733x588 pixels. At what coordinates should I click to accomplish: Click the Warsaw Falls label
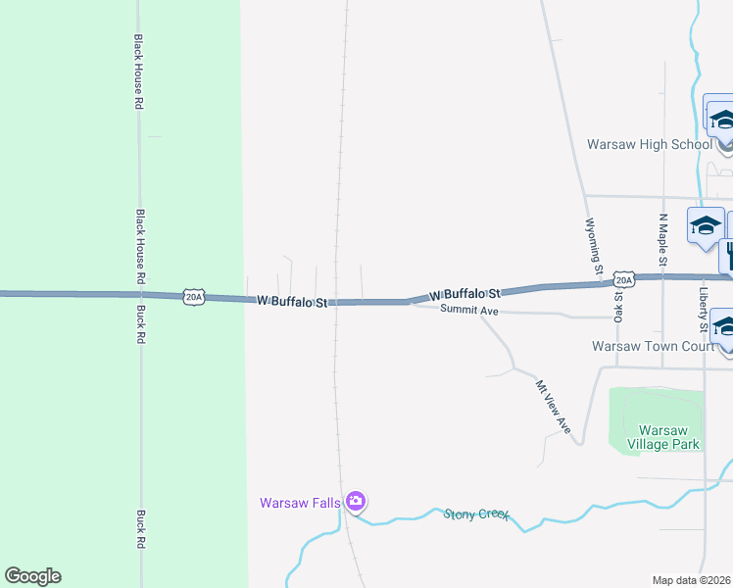[300, 503]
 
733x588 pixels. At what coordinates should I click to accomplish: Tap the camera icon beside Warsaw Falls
[356, 503]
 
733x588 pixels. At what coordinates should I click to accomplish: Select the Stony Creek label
[477, 514]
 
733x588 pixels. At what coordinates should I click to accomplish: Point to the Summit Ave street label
[470, 311]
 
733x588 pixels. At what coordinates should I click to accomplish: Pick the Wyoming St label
[593, 246]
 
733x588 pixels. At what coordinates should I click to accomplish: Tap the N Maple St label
[663, 241]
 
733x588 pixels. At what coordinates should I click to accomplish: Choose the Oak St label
[619, 306]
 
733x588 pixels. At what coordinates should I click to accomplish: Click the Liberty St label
[704, 309]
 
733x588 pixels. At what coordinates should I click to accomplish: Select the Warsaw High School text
[649, 144]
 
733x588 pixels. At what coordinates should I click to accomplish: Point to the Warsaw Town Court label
[654, 346]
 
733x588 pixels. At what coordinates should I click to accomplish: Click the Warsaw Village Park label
[669, 437]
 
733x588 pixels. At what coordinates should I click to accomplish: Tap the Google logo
[32, 576]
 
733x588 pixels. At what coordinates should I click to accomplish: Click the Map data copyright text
[692, 580]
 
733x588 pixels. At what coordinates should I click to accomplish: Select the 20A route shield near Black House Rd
[194, 296]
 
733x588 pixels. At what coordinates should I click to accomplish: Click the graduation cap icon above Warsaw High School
[722, 120]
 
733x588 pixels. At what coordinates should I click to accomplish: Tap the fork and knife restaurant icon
[728, 256]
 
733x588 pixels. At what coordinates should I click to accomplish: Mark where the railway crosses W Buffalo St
[336, 302]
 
